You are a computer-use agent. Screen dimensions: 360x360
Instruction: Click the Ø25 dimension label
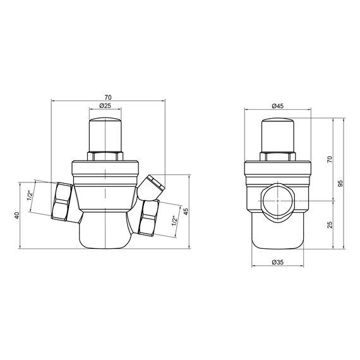click(x=105, y=106)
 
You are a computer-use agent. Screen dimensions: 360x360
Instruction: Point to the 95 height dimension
click(x=340, y=184)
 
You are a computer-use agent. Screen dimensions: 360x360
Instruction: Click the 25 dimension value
click(x=329, y=225)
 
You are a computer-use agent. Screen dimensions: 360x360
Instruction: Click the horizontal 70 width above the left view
click(x=105, y=96)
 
